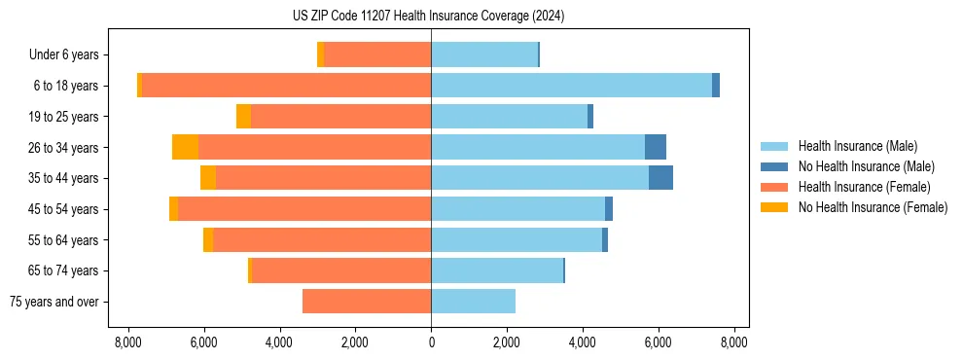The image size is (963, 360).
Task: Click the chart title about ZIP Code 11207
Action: click(x=428, y=17)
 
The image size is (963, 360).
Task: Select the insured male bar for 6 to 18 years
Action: click(x=571, y=86)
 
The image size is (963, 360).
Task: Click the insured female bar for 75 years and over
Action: click(x=367, y=302)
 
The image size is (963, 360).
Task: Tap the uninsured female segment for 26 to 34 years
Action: click(x=185, y=147)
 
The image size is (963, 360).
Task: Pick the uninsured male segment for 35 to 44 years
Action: click(x=660, y=178)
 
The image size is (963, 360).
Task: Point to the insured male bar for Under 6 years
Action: click(x=484, y=54)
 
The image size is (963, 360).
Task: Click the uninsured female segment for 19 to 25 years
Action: click(x=243, y=117)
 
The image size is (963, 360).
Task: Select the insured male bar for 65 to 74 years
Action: click(x=497, y=270)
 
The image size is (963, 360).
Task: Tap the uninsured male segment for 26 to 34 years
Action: click(x=656, y=147)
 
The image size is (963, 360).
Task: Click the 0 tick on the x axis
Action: click(x=431, y=342)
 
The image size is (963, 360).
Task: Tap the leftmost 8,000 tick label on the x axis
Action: click(x=128, y=342)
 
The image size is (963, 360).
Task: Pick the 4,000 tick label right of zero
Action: click(x=583, y=342)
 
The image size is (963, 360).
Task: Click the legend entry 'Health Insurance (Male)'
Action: click(x=857, y=146)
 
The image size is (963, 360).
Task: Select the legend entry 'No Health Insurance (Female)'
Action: click(x=873, y=207)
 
